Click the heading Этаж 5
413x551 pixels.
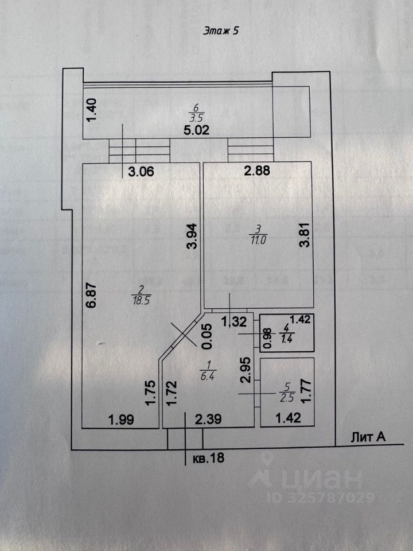[x=221, y=32]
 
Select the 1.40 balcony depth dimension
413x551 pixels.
[x=92, y=110]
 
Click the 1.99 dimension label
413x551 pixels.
[x=121, y=420]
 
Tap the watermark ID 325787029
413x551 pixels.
[x=321, y=497]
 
